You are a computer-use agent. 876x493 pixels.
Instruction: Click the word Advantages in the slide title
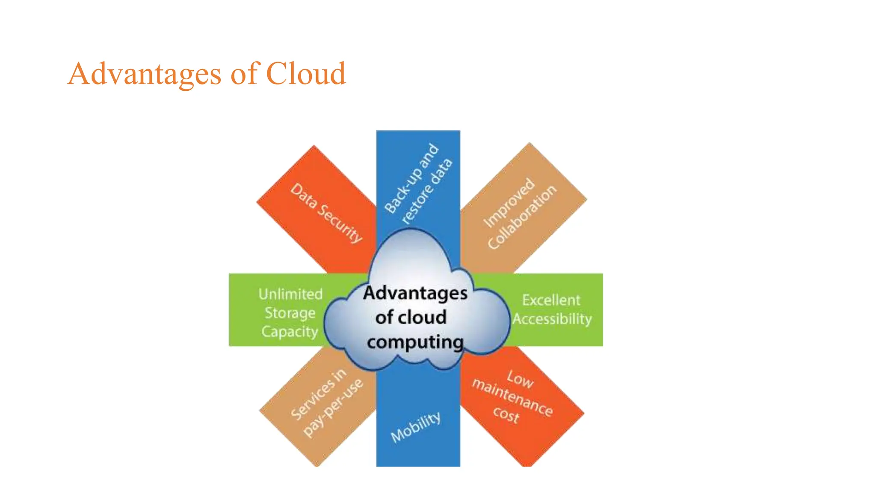(x=145, y=74)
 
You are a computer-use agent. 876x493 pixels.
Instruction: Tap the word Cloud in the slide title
(x=306, y=73)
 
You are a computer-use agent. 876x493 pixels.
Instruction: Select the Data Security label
(x=326, y=213)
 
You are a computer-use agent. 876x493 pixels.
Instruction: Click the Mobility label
(x=416, y=427)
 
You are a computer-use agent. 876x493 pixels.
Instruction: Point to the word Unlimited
(x=290, y=294)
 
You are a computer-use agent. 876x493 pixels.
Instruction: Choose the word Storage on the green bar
(x=290, y=313)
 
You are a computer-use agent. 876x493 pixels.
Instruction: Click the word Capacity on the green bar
(x=290, y=332)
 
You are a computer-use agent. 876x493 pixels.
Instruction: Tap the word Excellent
(x=551, y=300)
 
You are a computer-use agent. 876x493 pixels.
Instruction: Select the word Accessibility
(x=552, y=319)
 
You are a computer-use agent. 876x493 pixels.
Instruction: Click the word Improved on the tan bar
(x=509, y=202)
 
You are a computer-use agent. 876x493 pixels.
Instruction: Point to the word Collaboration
(x=522, y=217)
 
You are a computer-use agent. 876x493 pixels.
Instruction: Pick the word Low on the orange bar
(x=520, y=379)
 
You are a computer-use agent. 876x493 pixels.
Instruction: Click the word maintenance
(x=512, y=397)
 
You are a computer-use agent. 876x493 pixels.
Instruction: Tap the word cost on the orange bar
(x=506, y=414)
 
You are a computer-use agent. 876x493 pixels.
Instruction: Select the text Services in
(x=318, y=394)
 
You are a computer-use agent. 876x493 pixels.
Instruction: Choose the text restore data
(x=427, y=191)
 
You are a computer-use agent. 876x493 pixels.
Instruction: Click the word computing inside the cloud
(x=415, y=342)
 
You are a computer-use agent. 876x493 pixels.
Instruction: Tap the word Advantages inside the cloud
(x=415, y=293)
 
